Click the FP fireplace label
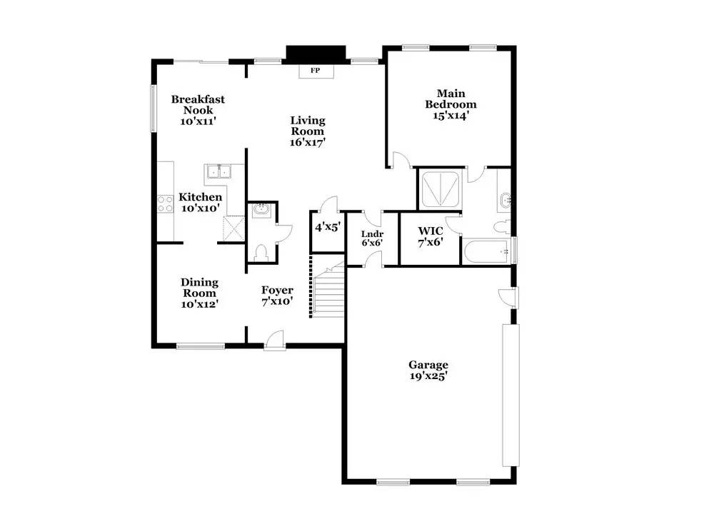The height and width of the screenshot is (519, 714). coord(314,71)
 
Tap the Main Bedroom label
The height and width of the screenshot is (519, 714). coord(451,104)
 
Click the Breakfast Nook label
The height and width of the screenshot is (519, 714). coord(193,110)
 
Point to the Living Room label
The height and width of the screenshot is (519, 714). coord(307,131)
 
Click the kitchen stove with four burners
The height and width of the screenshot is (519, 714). coord(166,204)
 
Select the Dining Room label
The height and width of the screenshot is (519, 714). coord(199,292)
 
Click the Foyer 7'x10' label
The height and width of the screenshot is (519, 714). coord(277,296)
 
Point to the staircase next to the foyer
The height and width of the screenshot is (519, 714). coord(329,293)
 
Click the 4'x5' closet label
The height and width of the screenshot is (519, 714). coord(327,228)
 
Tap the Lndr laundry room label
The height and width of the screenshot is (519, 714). coord(372,238)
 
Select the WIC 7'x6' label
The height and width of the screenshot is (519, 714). coord(431,236)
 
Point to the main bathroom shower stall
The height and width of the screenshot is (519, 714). coord(441,190)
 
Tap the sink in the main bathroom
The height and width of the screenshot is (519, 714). coord(506,199)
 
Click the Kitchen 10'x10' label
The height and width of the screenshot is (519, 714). coord(200,202)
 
